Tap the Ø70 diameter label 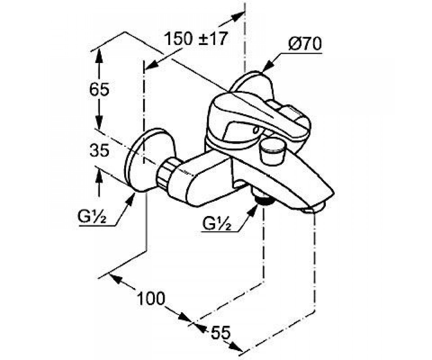point(305,44)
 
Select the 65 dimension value point(99,89)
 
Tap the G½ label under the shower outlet point(217,223)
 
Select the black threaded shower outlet point(264,200)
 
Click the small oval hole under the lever point(256,130)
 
